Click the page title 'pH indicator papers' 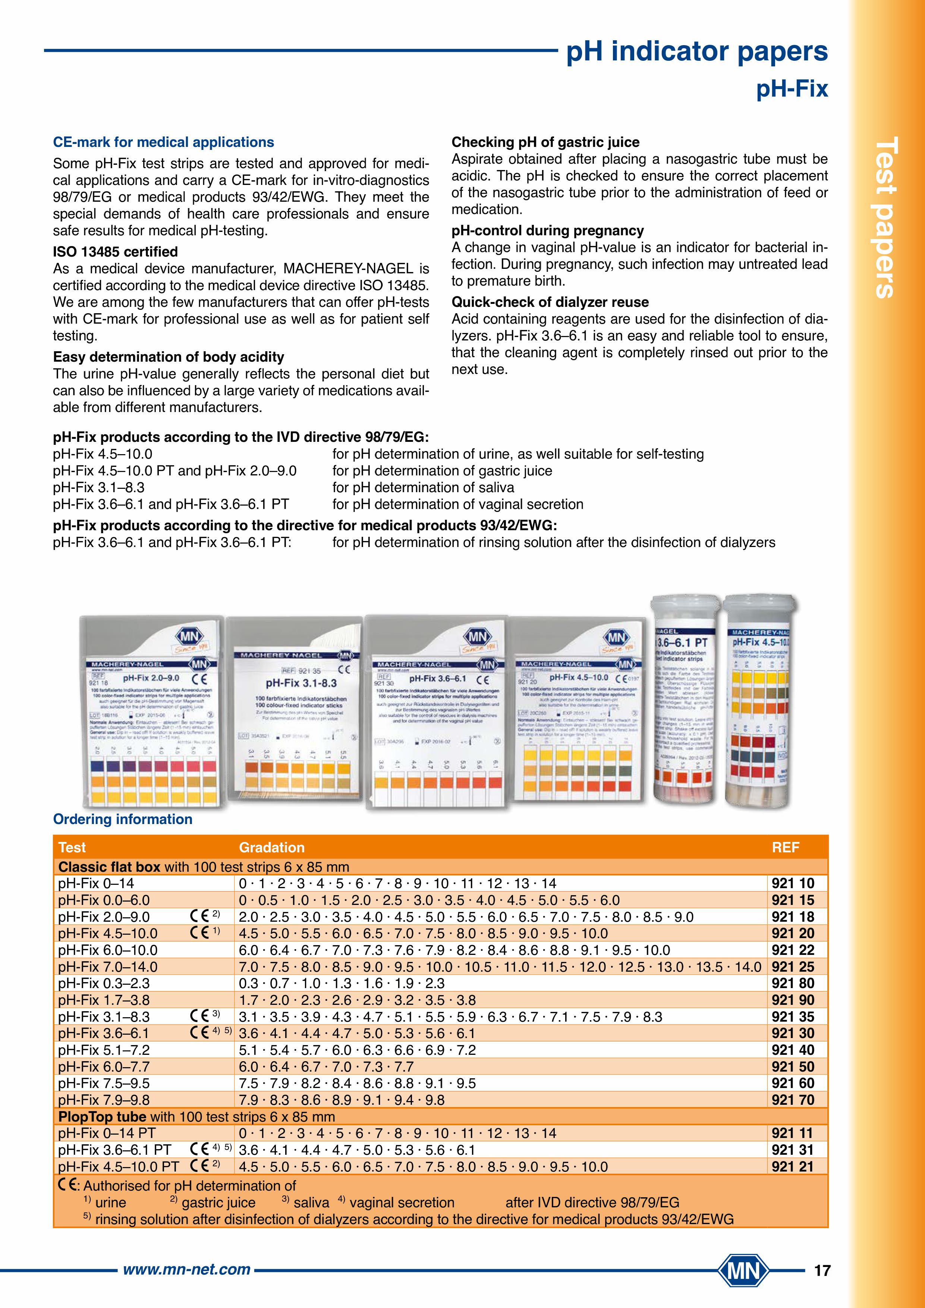pyautogui.click(x=696, y=52)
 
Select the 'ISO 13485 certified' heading pyautogui.click(x=115, y=252)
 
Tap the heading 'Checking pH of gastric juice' pyautogui.click(x=545, y=142)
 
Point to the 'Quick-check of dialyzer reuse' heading pyautogui.click(x=550, y=302)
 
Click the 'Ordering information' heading pyautogui.click(x=122, y=819)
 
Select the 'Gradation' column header pyautogui.click(x=272, y=847)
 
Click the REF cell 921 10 pyautogui.click(x=793, y=884)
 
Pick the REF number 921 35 pyautogui.click(x=793, y=1017)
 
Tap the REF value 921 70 pyautogui.click(x=793, y=1100)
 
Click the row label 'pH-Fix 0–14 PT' pyautogui.click(x=107, y=1133)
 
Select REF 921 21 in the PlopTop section pyautogui.click(x=793, y=1167)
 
